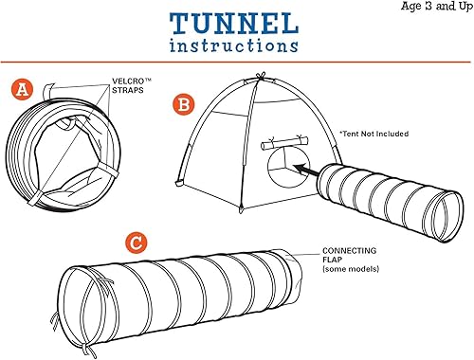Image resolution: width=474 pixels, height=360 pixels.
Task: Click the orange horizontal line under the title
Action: (x=236, y=60)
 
